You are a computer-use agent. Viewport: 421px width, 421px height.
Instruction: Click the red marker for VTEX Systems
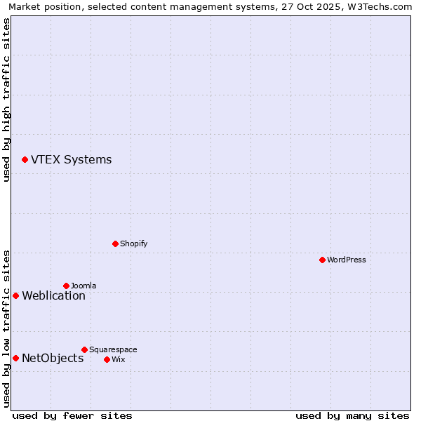click(x=25, y=160)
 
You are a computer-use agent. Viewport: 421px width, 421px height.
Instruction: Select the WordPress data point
click(x=322, y=260)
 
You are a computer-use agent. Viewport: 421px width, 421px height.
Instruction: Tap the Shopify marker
click(x=115, y=243)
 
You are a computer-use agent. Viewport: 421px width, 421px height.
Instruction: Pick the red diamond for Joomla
click(x=66, y=286)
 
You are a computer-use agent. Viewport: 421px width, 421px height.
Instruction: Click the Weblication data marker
click(x=15, y=295)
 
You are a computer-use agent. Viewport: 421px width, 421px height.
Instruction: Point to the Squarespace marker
click(x=84, y=349)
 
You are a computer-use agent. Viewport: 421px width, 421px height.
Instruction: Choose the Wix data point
click(x=107, y=359)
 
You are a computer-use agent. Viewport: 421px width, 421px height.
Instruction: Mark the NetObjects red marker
click(x=15, y=359)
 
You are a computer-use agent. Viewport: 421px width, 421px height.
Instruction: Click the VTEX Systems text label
click(x=71, y=159)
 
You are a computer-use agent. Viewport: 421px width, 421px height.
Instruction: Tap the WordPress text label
click(x=347, y=260)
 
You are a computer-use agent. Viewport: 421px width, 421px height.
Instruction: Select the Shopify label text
click(x=133, y=243)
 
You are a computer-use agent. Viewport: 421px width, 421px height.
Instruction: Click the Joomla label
click(x=83, y=286)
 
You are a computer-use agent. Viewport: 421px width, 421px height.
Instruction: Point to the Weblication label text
click(x=53, y=295)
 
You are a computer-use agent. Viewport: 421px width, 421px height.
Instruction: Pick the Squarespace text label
click(x=113, y=349)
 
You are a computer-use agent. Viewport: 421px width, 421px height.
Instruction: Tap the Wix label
click(x=118, y=359)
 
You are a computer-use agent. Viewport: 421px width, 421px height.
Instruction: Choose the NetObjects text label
click(x=53, y=359)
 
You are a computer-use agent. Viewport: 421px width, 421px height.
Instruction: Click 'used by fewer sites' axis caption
click(x=72, y=415)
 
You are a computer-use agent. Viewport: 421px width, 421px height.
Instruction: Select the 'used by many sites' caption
click(x=352, y=415)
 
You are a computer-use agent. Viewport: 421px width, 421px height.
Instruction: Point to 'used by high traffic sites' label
click(x=6, y=100)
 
